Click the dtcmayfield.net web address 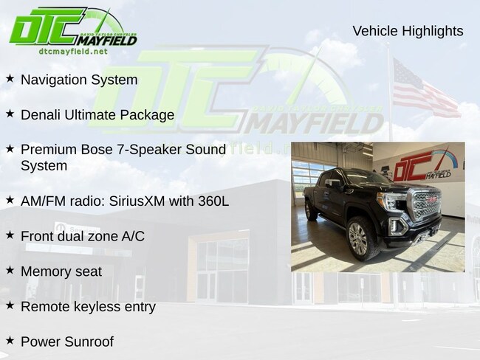tap(73, 52)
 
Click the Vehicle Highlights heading tap(408, 31)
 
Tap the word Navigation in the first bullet tap(54, 80)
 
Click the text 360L tap(213, 201)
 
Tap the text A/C tap(133, 236)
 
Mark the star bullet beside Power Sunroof tap(10, 340)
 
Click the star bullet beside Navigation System tap(10, 78)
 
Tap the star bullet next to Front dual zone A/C tap(10, 235)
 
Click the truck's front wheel tap(358, 238)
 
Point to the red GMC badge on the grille tap(433, 199)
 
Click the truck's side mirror tap(333, 184)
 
